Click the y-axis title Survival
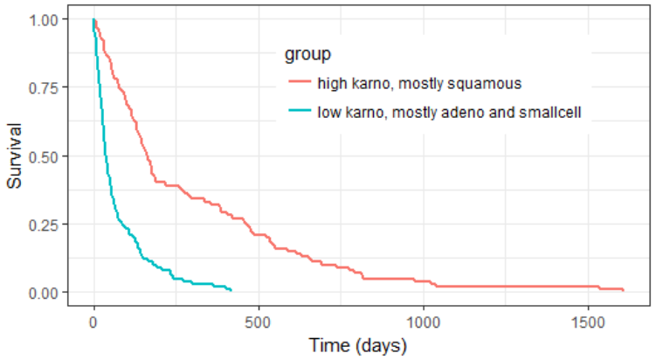click(14, 156)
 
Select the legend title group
click(307, 55)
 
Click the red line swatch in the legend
click(299, 84)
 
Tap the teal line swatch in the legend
click(299, 111)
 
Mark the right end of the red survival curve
click(623, 289)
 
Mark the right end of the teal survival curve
click(231, 290)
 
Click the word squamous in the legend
click(491, 84)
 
